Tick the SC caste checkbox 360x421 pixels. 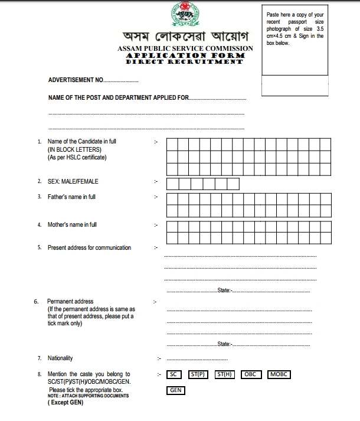coord(174,374)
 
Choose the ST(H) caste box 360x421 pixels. coord(225,374)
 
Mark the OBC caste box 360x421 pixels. coord(251,374)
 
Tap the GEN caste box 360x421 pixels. coord(175,390)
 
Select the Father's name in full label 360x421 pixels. coord(71,197)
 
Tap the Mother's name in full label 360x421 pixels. coord(72,225)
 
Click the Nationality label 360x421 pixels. coord(60,358)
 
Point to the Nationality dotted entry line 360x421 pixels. coord(197,359)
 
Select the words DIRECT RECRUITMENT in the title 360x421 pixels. coord(185,61)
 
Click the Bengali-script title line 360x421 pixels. coord(185,37)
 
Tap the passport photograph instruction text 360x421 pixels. coord(294,28)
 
